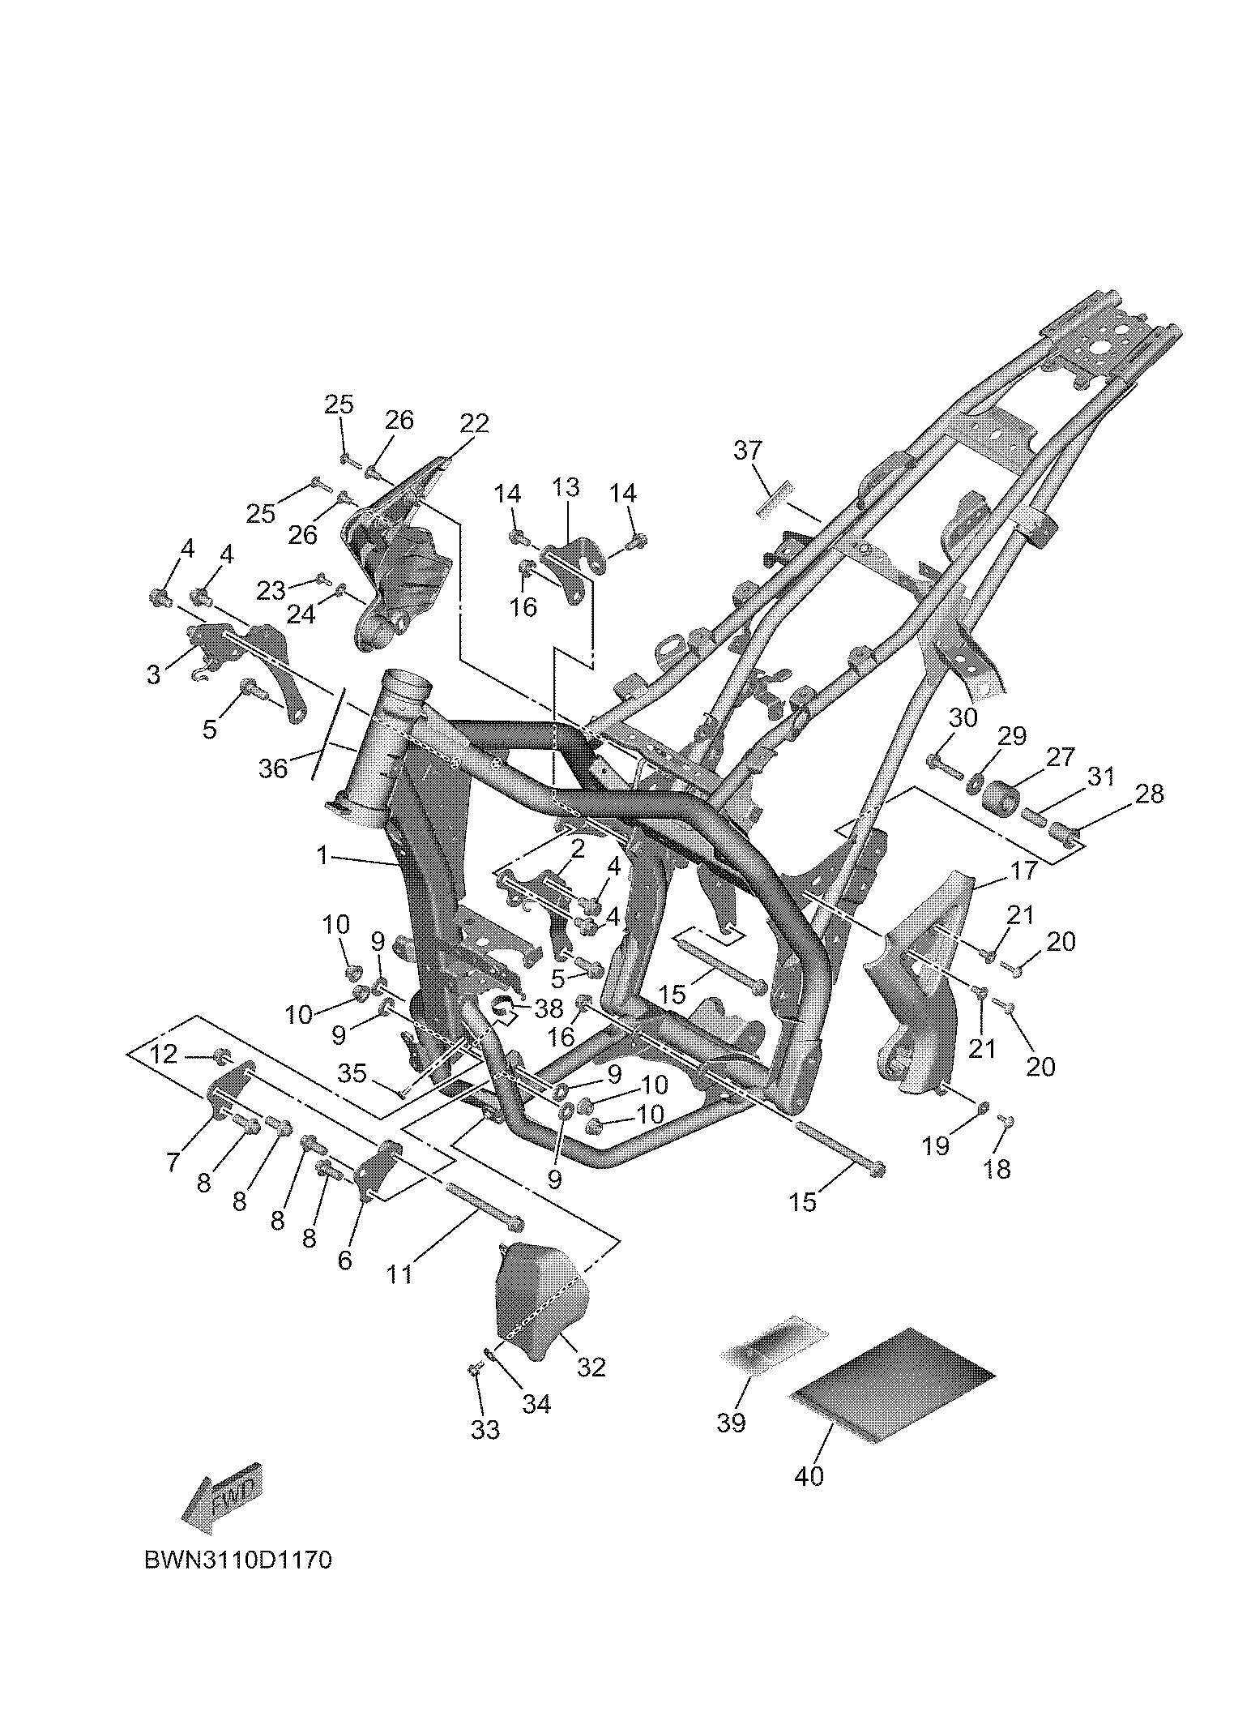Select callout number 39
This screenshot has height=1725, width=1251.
click(731, 1423)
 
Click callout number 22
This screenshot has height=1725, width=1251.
click(475, 423)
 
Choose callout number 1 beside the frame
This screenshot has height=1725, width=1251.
click(322, 854)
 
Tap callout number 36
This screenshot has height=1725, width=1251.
click(273, 768)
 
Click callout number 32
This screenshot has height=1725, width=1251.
click(591, 1367)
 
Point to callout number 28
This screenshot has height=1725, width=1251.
click(1149, 794)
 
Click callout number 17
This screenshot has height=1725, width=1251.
click(1024, 871)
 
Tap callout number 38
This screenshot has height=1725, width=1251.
click(549, 1008)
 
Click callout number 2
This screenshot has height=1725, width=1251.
click(577, 848)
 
